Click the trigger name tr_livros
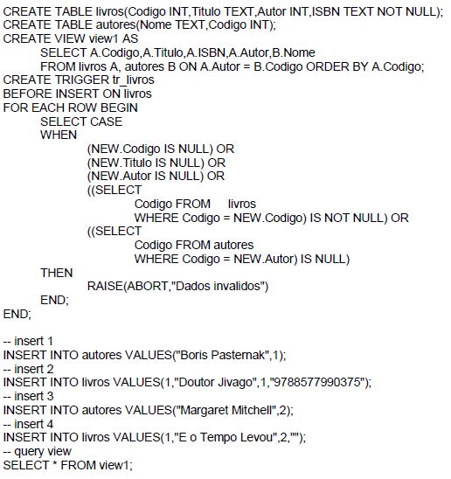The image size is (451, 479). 133,80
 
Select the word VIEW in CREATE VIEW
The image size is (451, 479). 70,38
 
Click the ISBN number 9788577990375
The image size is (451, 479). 317,382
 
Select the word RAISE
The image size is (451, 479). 105,286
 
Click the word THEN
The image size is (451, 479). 57,273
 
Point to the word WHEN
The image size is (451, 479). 59,135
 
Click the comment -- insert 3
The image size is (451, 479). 28,396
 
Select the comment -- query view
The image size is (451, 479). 37,451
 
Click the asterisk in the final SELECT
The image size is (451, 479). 55,463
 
